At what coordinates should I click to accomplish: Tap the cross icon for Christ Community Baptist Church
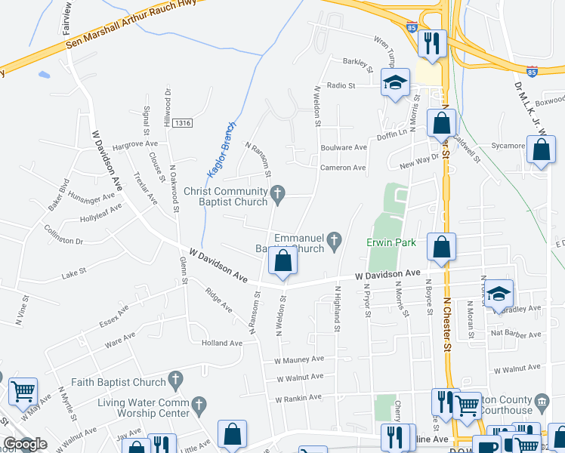coord(277,195)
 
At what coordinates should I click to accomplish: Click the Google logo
coord(24,445)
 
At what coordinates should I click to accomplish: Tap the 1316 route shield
coord(182,123)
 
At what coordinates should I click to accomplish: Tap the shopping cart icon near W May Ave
coord(23,391)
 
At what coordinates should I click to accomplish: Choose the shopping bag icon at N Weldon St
coord(282,261)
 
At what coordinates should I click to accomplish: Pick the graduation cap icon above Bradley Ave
coord(499,294)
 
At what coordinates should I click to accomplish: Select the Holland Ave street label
coord(221,343)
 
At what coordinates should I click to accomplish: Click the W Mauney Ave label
coord(299,360)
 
